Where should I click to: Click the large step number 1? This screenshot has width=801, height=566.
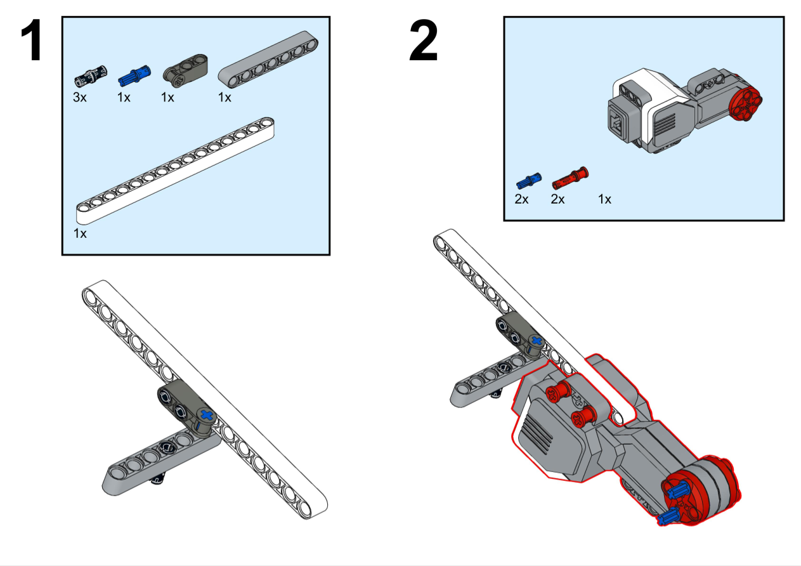(31, 42)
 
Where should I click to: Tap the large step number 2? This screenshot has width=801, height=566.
(423, 42)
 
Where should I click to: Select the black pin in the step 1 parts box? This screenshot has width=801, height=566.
(91, 76)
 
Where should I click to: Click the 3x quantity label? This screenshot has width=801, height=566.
(81, 97)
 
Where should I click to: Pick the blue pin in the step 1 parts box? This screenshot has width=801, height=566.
(131, 77)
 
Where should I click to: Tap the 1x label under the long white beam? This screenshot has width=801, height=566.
(80, 234)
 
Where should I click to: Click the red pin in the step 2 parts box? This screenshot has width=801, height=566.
(569, 178)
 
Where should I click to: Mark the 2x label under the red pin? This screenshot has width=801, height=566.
(557, 199)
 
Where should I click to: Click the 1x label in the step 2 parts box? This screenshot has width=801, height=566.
(604, 199)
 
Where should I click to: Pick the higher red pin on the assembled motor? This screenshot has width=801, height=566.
(555, 393)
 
